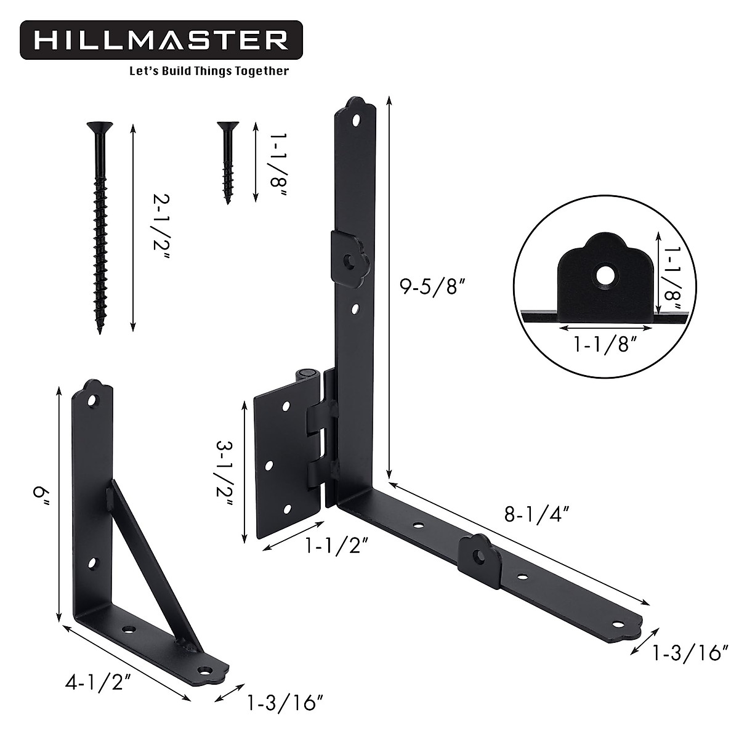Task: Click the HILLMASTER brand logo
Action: click(x=161, y=40)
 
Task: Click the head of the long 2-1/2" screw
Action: click(x=100, y=128)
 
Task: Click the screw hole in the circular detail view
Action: click(x=605, y=275)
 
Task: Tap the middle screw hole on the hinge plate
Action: click(x=269, y=466)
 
